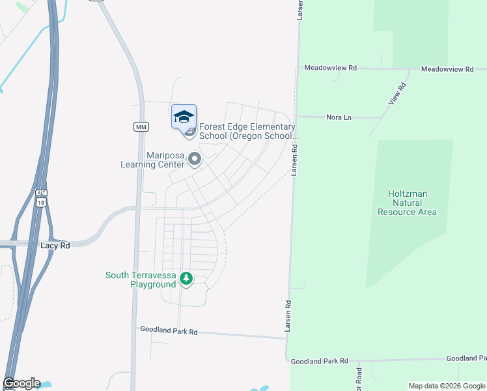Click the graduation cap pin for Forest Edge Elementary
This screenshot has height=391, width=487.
tap(184, 117)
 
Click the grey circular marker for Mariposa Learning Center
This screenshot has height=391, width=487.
tap(193, 158)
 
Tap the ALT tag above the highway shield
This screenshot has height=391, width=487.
tap(42, 194)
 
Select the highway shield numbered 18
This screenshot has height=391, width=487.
tap(42, 203)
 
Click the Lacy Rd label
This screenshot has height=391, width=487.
tap(55, 246)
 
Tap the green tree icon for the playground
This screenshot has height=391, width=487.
tap(186, 279)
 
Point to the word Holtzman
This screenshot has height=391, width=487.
tap(408, 194)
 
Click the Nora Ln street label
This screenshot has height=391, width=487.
tap(339, 117)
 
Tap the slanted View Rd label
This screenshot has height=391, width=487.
tap(397, 94)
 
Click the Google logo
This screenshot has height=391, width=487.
tap(21, 383)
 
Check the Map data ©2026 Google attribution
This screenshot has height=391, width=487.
tap(446, 386)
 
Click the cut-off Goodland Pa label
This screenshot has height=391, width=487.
tap(466, 359)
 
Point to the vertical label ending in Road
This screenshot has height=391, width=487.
tap(359, 378)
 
